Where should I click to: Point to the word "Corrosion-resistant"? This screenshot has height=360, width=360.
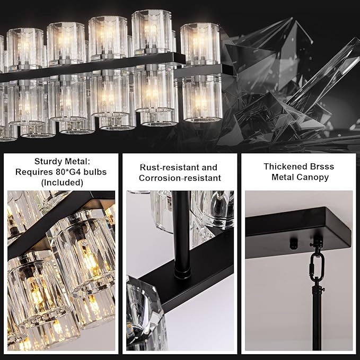pos(180,178)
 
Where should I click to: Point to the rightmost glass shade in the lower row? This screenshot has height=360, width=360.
pos(203,98)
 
